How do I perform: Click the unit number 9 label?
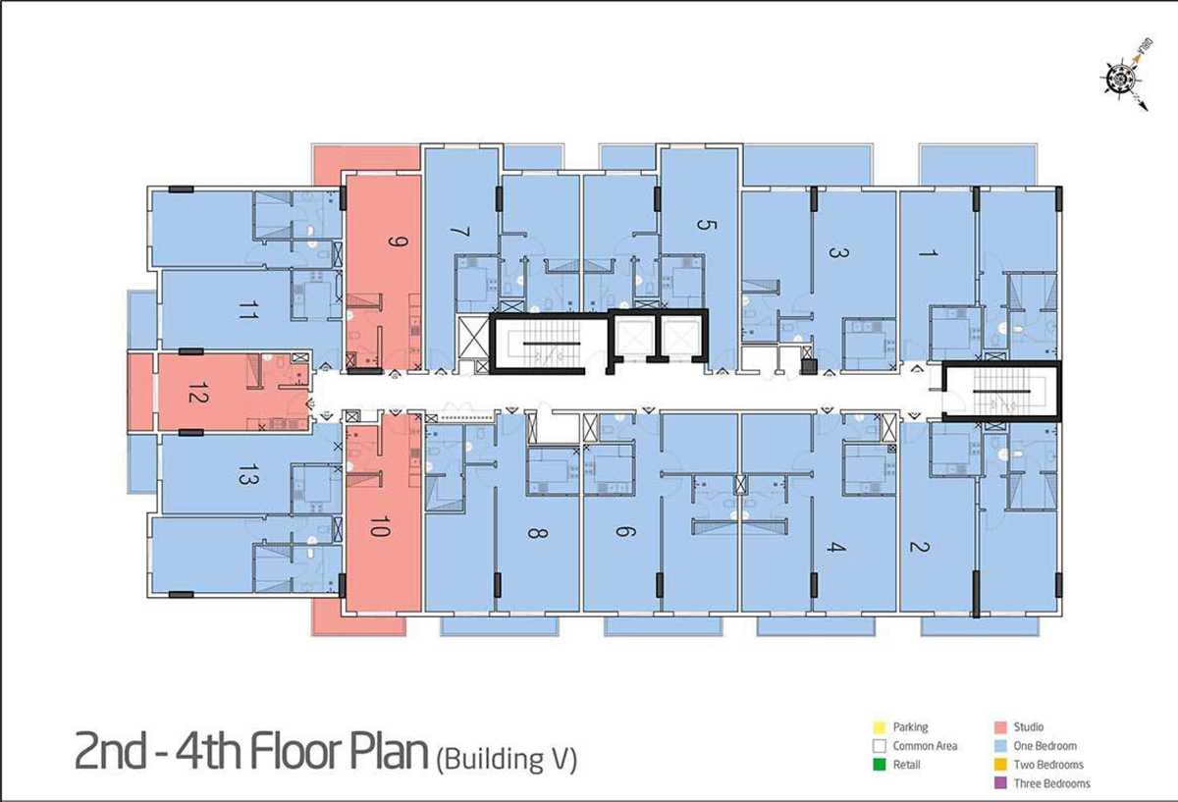399,241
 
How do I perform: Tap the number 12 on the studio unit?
198,393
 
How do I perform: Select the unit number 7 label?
460,232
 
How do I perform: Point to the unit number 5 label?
706,225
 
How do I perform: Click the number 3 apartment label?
838,252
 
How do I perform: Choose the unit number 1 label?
929,253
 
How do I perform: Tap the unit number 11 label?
248,310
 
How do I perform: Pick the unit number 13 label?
248,474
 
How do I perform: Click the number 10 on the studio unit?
380,526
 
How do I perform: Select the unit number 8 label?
538,533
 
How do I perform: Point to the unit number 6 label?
626,532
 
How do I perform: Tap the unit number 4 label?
835,547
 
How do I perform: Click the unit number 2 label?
920,547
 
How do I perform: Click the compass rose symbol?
1122,80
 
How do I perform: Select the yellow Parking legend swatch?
880,727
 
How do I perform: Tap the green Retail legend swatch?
880,765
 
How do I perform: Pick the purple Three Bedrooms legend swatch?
1000,783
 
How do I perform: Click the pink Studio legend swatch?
1000,727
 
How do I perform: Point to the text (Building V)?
507,759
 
